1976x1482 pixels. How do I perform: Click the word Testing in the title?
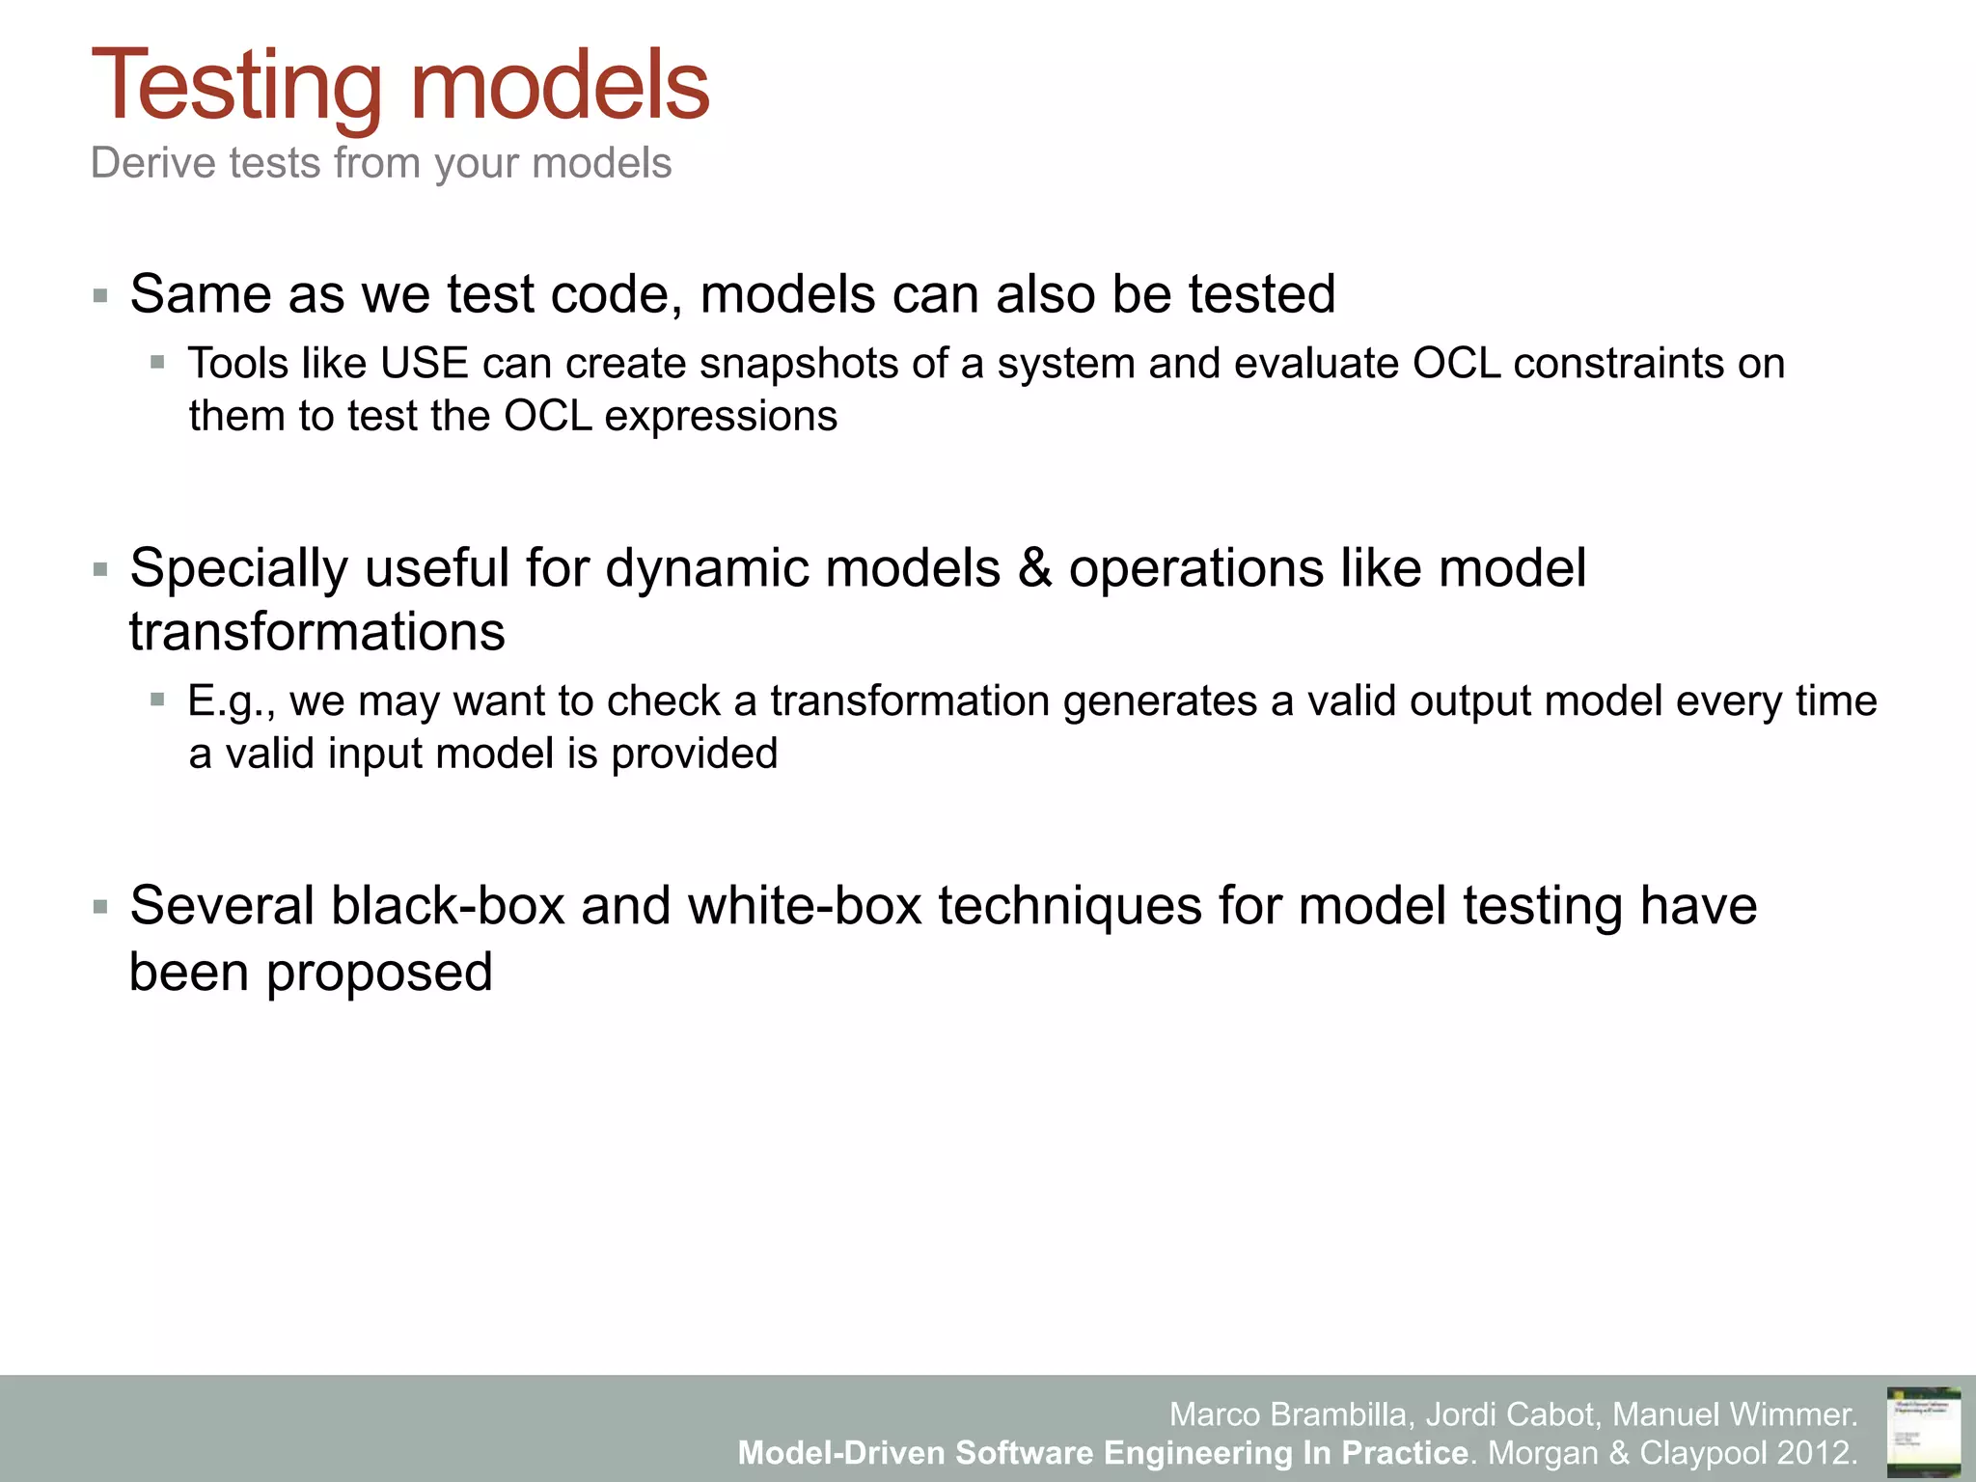click(x=236, y=87)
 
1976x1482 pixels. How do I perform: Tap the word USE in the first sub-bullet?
click(x=424, y=364)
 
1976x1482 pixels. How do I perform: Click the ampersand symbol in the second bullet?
click(x=1034, y=568)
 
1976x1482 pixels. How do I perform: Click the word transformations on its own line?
click(x=316, y=633)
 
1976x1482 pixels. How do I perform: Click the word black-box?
click(x=447, y=907)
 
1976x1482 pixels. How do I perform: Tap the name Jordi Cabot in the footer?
click(x=1510, y=1414)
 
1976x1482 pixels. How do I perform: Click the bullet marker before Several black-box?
click(x=100, y=907)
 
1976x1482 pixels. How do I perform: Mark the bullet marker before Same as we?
click(x=100, y=295)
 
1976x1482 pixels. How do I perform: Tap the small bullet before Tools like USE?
click(x=157, y=364)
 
